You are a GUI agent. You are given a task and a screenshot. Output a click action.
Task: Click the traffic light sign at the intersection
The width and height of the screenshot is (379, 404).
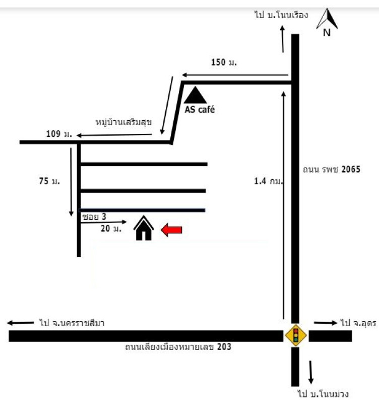point(296,335)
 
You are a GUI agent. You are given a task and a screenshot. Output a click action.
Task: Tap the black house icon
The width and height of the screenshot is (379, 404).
point(144,228)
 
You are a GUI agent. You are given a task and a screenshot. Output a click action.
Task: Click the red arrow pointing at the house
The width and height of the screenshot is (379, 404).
point(171,230)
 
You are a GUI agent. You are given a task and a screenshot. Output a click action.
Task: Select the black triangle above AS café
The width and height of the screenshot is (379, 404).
point(196,95)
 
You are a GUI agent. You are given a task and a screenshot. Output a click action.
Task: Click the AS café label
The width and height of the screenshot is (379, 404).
point(200,110)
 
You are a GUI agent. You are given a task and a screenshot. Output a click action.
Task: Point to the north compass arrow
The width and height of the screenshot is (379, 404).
point(327,19)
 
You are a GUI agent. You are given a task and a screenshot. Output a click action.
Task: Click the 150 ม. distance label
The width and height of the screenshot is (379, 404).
point(224,62)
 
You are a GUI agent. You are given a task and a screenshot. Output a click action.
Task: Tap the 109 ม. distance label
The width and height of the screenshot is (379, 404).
point(59,134)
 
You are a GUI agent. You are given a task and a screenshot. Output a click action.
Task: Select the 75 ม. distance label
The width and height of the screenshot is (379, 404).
point(49,181)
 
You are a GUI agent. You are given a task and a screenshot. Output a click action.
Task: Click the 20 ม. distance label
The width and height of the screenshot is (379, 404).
point(111,228)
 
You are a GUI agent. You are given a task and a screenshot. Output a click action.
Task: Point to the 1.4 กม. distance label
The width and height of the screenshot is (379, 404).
point(269,181)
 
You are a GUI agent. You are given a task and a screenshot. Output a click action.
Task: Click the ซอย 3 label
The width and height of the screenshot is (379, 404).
point(94,217)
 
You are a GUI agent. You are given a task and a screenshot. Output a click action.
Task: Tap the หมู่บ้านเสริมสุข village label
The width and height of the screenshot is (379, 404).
point(123,122)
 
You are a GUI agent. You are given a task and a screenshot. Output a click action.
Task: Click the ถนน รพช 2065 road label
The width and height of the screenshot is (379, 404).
point(332,169)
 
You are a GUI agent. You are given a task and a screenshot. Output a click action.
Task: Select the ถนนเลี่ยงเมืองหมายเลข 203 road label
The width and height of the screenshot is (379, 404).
point(178,347)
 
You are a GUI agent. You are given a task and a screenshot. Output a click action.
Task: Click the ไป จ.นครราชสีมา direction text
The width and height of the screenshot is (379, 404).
point(72,323)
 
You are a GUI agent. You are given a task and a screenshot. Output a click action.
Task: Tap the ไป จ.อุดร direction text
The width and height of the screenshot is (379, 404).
point(358,323)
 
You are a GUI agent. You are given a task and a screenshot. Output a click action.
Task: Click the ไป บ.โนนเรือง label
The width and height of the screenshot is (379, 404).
point(282,15)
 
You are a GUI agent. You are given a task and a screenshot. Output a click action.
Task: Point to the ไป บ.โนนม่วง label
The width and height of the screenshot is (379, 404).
point(324,394)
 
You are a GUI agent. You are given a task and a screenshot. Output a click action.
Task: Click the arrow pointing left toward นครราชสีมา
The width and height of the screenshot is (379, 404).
point(21,323)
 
